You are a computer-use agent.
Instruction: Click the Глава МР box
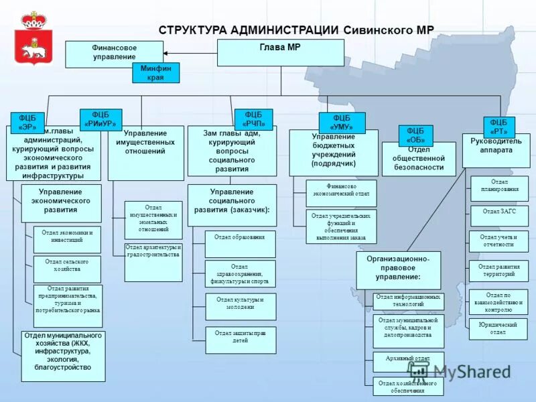pyautogui.click(x=280, y=52)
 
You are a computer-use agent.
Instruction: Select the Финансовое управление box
pyautogui.click(x=114, y=54)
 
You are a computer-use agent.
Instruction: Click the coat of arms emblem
pyautogui.click(x=32, y=38)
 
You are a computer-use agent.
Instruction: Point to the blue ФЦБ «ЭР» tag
pyautogui.click(x=27, y=123)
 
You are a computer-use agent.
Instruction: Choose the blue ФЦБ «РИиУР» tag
pyautogui.click(x=100, y=119)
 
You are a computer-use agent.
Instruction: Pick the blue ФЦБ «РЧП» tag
pyautogui.click(x=253, y=119)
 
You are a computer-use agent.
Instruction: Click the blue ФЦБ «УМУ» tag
pyautogui.click(x=342, y=123)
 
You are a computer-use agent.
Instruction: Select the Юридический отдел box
pyautogui.click(x=498, y=328)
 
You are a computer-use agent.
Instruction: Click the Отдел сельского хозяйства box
pyautogui.click(x=67, y=269)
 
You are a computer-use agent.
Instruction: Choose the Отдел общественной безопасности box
pyautogui.click(x=419, y=159)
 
